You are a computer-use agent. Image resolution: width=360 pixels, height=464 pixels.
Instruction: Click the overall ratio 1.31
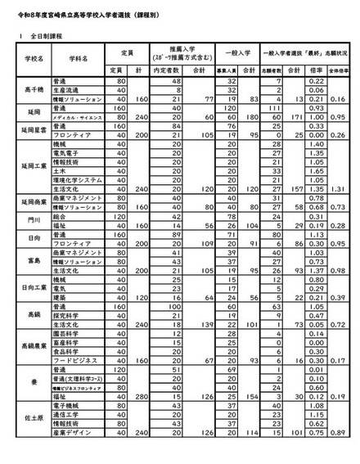pyautogui.click(x=343, y=187)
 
